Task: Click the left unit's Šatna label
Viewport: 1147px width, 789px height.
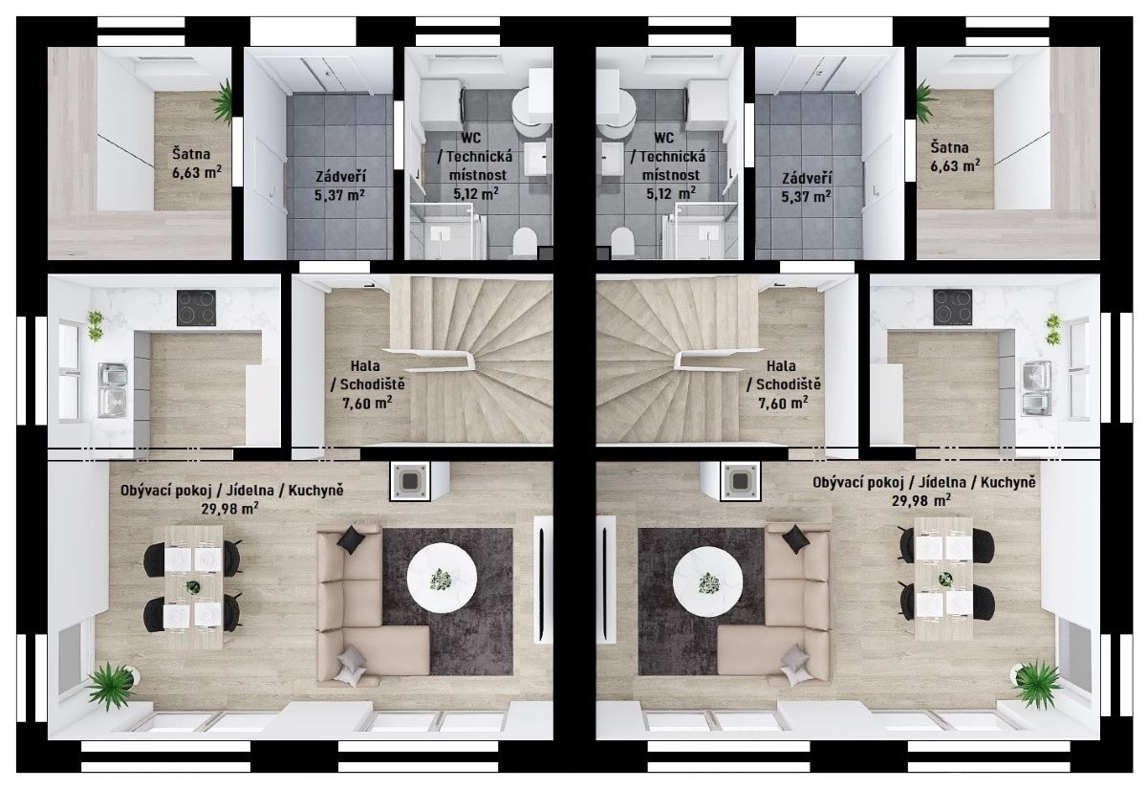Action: coord(191,154)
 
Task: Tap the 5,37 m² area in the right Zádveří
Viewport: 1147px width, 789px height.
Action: coord(807,196)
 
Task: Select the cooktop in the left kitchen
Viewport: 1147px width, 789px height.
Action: coord(197,308)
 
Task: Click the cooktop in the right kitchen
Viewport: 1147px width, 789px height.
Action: coord(952,307)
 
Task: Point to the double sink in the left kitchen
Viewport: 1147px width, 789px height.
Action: coord(113,390)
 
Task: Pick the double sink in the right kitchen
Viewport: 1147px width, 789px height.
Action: coord(1037,388)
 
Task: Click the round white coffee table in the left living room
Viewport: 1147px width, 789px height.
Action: coord(442,578)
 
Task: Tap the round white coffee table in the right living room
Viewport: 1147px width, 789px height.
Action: coord(707,581)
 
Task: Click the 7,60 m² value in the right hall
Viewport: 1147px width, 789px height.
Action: coord(783,403)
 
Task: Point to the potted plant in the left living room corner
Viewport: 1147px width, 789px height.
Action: coord(110,685)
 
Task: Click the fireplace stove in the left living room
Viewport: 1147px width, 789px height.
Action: coord(409,481)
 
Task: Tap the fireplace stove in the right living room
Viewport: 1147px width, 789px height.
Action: coord(741,481)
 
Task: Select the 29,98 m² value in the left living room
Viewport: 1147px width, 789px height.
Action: coord(230,508)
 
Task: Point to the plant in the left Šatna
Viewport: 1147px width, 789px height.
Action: coord(224,102)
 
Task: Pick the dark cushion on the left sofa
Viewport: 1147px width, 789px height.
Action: coord(352,539)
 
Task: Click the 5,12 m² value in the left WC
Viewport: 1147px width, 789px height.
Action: coord(476,193)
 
